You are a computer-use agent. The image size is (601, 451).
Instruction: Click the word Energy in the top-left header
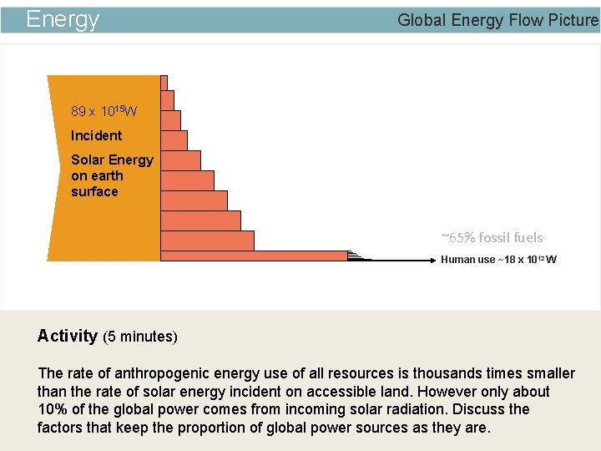coord(63,19)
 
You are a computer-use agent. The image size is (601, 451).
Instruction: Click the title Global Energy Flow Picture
coord(497,20)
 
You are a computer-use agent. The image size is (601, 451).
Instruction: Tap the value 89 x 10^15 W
coord(104,111)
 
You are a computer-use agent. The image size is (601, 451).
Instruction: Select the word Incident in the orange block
coord(96,135)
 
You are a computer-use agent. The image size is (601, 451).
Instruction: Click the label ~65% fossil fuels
coord(492,237)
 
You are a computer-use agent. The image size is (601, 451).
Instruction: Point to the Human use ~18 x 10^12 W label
coord(498,260)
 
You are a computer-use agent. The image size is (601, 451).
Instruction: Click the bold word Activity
coord(67,336)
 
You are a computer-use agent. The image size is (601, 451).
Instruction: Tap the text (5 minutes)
coord(140,337)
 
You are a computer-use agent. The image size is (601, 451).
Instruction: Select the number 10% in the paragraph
coord(53,409)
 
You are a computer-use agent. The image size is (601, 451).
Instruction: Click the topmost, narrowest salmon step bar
coord(164,82)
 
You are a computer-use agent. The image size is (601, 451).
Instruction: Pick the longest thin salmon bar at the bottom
coord(254,256)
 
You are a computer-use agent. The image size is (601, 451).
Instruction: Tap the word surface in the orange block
coord(94,191)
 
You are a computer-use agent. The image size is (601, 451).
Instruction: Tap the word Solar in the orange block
coord(88,160)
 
